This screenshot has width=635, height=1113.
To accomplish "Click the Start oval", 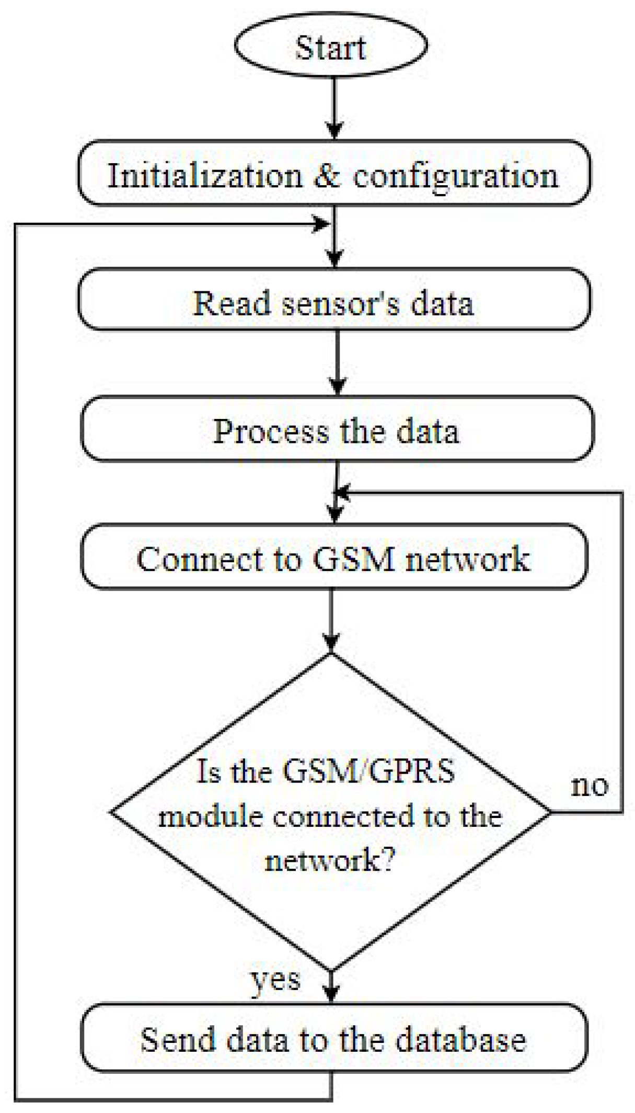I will click(331, 46).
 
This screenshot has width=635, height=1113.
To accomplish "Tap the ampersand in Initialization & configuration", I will click(328, 175).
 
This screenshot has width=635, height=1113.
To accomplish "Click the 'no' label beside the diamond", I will click(590, 786).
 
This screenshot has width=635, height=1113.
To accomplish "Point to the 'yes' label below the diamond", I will click(275, 981).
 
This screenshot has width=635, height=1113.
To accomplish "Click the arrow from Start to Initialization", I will click(334, 107).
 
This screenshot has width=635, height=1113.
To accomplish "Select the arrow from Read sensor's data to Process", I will click(338, 361).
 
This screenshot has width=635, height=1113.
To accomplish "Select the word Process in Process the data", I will click(271, 432).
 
